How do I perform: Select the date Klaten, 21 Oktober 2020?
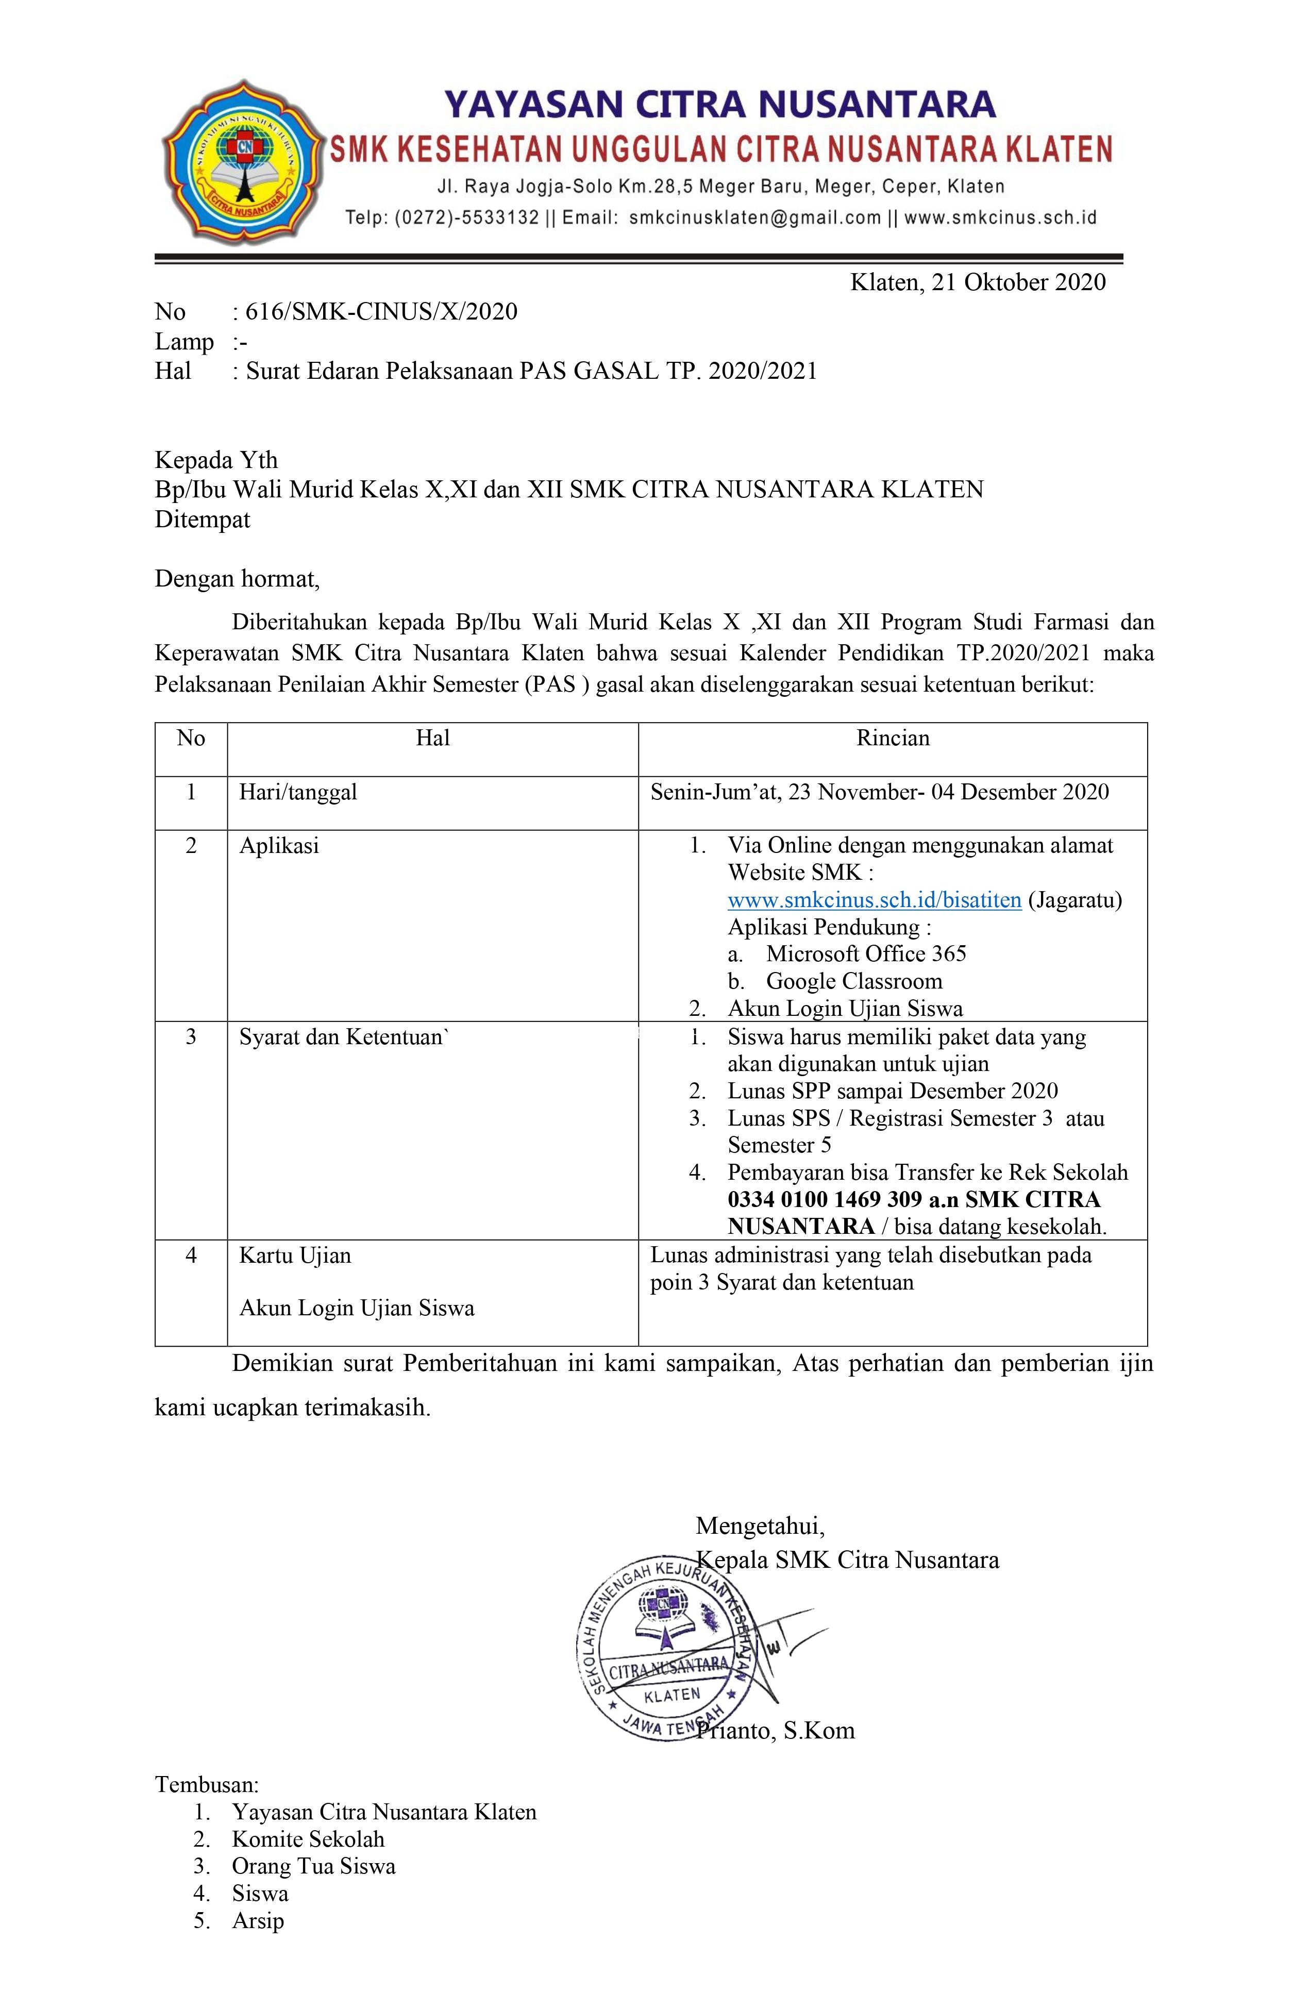[x=977, y=282]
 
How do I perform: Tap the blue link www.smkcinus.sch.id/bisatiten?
[x=875, y=900]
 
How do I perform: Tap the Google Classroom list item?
[x=853, y=981]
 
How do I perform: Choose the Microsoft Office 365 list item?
[x=865, y=954]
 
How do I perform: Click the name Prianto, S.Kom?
[x=775, y=1731]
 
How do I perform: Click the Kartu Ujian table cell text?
[x=295, y=1255]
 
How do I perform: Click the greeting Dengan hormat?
[x=237, y=579]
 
